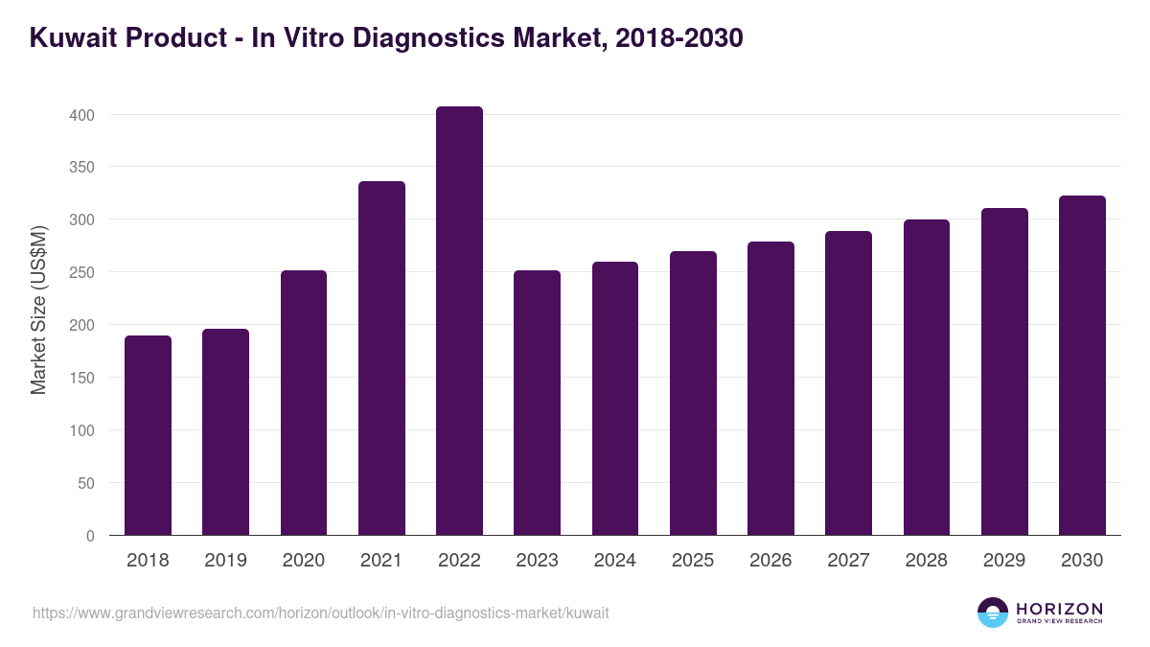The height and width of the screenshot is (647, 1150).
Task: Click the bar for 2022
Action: coord(459,321)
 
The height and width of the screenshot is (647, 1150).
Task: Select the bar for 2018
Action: coord(148,435)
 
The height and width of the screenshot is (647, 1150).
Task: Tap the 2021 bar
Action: coord(381,358)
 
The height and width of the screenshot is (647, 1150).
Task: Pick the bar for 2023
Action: coord(537,403)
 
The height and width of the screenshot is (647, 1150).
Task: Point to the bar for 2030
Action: coord(1082,365)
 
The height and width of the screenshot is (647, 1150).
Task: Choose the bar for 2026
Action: coord(770,388)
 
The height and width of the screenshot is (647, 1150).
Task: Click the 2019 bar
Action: coord(225,432)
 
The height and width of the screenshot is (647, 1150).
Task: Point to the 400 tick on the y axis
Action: coord(81,115)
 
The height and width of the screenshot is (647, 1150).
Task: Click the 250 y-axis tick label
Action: coord(81,273)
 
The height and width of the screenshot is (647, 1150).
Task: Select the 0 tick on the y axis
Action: coord(90,536)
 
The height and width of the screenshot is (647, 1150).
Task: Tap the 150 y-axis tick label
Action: coord(81,379)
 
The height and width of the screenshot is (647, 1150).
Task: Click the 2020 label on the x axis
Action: coord(303,561)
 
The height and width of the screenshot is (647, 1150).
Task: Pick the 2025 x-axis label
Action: coord(693,561)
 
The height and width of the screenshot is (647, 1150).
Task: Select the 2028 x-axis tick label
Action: coord(926,561)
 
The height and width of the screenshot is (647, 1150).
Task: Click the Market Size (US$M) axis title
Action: coord(39,310)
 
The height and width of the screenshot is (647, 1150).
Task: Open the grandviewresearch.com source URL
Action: coord(320,612)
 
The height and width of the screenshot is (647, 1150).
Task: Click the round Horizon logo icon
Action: coord(993,612)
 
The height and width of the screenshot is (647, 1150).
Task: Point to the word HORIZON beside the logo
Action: coord(1059,609)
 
